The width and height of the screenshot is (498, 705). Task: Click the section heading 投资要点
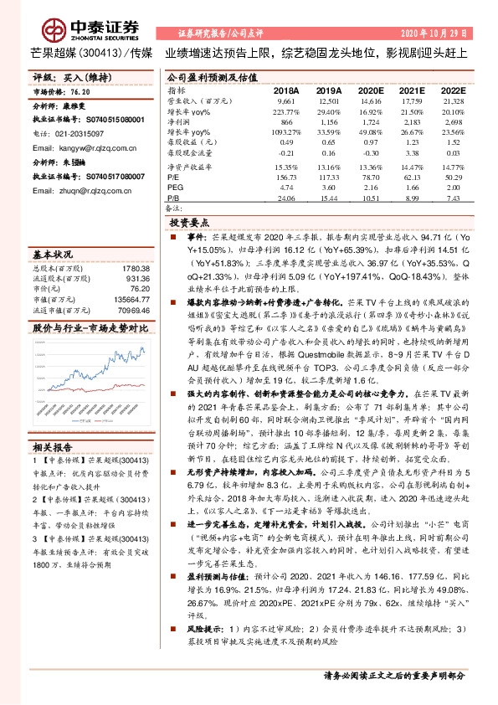pos(189,224)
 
